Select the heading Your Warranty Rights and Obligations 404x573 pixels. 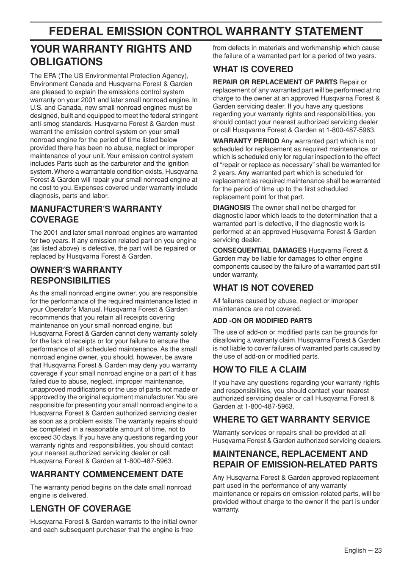point(111,55)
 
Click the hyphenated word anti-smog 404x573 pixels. point(44,124)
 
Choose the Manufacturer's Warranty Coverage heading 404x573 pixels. point(96,214)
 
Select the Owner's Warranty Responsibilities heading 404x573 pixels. point(76,275)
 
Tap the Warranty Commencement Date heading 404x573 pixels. point(107,474)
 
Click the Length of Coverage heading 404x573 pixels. point(80,509)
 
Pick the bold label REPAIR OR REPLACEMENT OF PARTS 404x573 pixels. point(275,82)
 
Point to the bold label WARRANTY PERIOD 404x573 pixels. point(246,141)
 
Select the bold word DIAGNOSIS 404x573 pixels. point(231,208)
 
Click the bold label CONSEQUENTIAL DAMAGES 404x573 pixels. point(260,250)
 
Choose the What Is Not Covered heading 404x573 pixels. point(263,288)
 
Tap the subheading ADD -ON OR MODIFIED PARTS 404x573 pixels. point(262,321)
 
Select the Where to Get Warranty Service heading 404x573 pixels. point(291,420)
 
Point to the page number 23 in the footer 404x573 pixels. point(378,551)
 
